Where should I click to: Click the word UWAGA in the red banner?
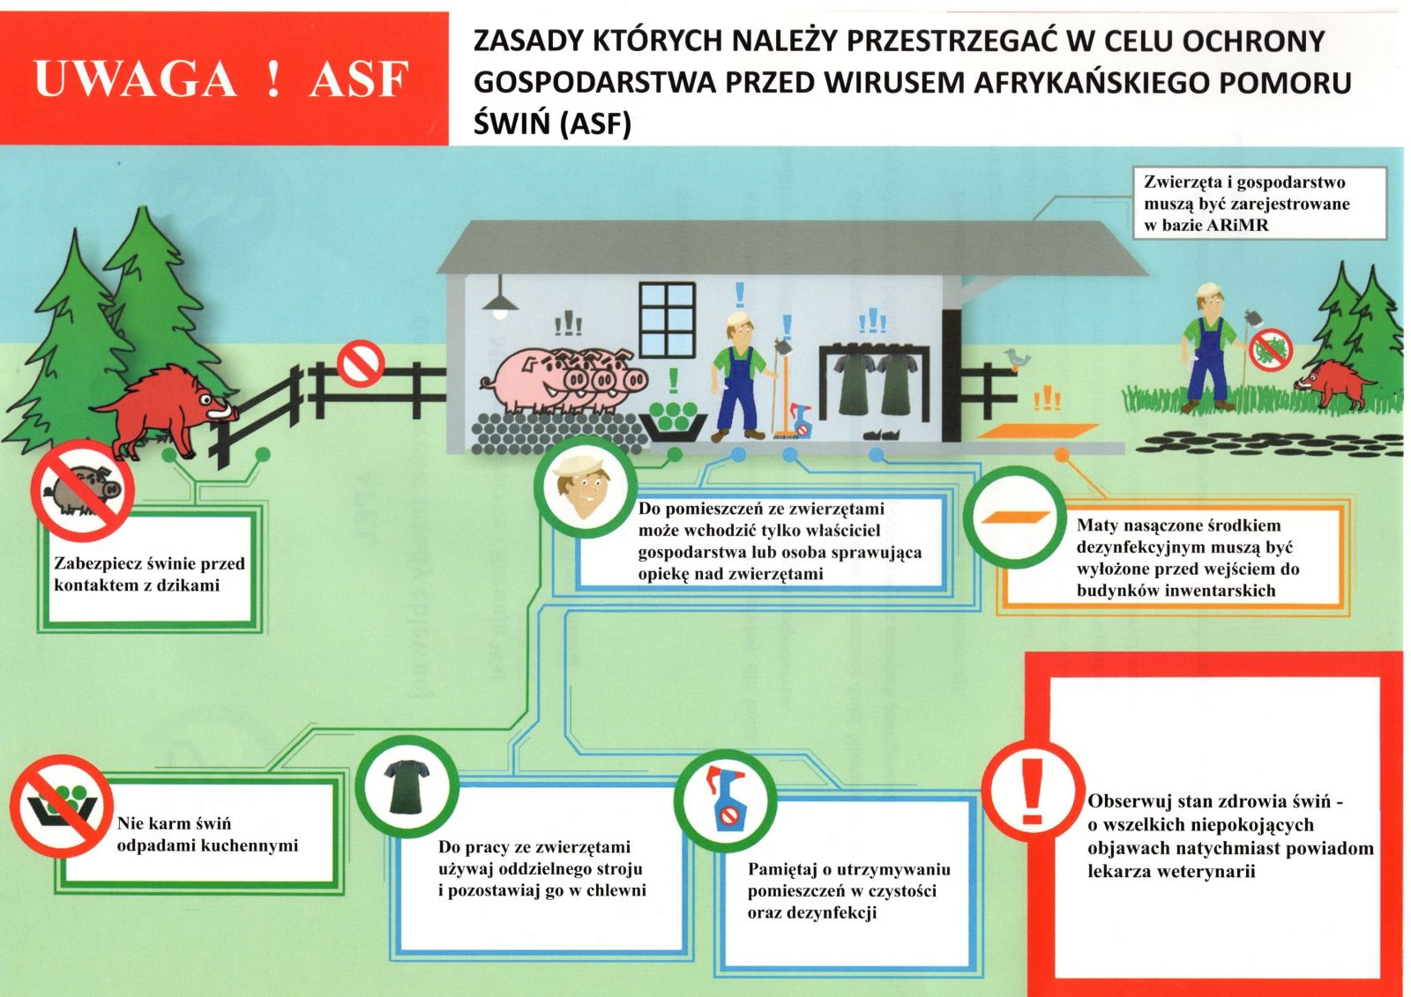135,78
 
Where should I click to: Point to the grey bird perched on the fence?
1016,357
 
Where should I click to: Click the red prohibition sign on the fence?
360,363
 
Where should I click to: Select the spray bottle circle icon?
725,800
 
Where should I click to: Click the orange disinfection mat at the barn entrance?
1038,433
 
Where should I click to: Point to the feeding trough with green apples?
675,419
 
